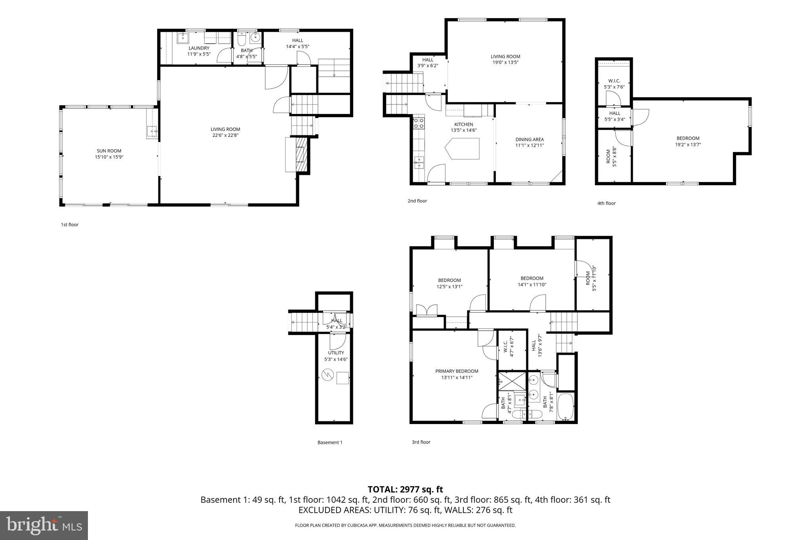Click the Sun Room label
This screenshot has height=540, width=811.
tap(109, 151)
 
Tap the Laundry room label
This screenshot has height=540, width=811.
tap(199, 48)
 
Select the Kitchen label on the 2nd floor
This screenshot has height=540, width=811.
tap(463, 124)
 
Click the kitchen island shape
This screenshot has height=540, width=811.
tap(463, 148)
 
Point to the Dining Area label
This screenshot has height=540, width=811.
tap(529, 139)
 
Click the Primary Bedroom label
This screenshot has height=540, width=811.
tap(457, 371)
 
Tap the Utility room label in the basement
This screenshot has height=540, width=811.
tap(336, 353)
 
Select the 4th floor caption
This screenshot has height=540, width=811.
tap(606, 203)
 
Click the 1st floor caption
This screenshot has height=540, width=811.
tap(69, 225)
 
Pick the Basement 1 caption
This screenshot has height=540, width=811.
tap(329, 442)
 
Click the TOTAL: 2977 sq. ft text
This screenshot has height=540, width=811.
tap(405, 490)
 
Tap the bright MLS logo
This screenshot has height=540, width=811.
tap(44, 525)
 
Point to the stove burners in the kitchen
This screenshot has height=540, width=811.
tap(419, 123)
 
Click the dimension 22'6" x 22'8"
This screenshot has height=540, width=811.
tap(225, 135)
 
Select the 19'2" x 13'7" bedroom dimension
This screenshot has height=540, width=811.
tap(688, 145)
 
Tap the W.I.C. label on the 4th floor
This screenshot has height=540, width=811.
tap(614, 81)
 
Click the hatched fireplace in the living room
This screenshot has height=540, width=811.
tap(302, 154)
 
